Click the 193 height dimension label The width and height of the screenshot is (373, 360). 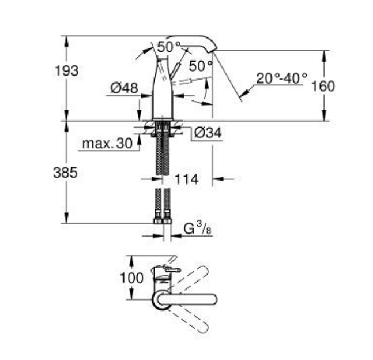(x=67, y=71)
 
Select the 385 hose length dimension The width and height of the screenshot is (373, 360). (x=65, y=172)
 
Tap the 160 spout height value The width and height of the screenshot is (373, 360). (x=323, y=86)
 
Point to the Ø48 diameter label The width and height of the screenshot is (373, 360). (x=124, y=88)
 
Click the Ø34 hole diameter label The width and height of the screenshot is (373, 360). (x=208, y=133)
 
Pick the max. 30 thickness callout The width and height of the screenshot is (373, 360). (x=107, y=144)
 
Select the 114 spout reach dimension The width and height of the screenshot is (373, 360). (x=187, y=179)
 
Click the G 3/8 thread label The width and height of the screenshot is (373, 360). (x=197, y=228)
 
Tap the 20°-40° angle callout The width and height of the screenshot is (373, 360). (x=282, y=78)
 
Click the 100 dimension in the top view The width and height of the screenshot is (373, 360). (x=131, y=277)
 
